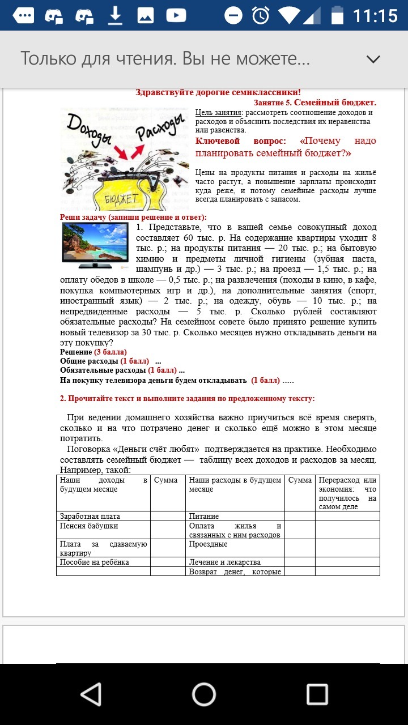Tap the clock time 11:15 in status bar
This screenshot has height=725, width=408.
click(x=375, y=15)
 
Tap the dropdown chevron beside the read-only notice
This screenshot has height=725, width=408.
click(x=373, y=59)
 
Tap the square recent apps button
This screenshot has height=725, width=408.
click(x=317, y=694)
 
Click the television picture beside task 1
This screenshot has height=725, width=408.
click(x=95, y=244)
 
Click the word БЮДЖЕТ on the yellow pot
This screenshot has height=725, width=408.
click(x=121, y=198)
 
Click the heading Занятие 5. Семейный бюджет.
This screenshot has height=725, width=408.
click(x=315, y=103)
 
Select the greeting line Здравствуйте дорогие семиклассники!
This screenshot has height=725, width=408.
click(x=218, y=92)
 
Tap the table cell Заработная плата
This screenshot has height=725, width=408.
click(x=90, y=516)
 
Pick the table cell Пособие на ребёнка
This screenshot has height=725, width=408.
click(x=95, y=562)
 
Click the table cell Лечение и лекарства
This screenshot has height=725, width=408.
click(x=225, y=562)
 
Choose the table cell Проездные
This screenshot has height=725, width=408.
click(x=209, y=544)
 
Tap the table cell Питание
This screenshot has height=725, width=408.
click(x=204, y=516)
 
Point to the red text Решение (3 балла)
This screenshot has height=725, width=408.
click(x=93, y=352)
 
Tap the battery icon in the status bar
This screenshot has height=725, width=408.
click(x=337, y=15)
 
